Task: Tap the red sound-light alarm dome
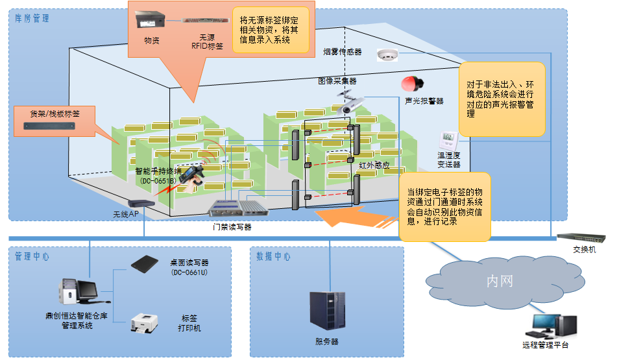tap(411, 84)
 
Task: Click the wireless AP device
tap(142, 203)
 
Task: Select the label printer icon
tap(145, 322)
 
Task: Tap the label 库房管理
tap(32, 18)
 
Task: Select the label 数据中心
tap(273, 256)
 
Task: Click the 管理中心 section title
tap(32, 256)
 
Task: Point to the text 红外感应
tap(374, 166)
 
